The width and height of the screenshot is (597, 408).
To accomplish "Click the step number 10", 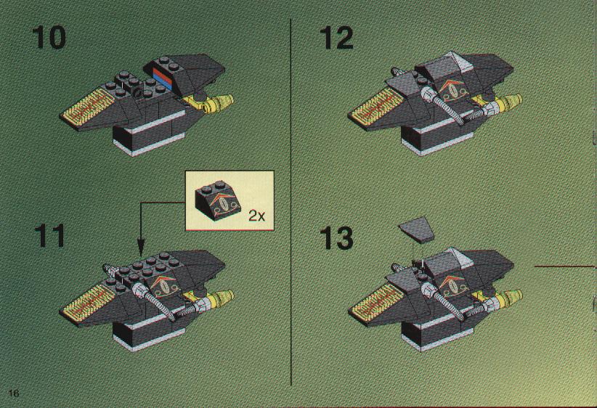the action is pyautogui.click(x=49, y=38).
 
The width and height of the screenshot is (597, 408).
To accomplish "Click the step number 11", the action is pyautogui.click(x=50, y=236).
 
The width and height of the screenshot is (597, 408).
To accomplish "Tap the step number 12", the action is pyautogui.click(x=336, y=38).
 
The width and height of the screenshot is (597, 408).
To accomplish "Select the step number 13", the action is pyautogui.click(x=336, y=238).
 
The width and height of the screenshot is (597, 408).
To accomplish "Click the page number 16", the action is pyautogui.click(x=14, y=393).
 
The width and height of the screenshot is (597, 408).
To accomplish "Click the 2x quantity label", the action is pyautogui.click(x=256, y=216).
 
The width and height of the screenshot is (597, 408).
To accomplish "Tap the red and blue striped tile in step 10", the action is pyautogui.click(x=163, y=78).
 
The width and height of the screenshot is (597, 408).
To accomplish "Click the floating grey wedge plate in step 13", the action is pyautogui.click(x=417, y=229).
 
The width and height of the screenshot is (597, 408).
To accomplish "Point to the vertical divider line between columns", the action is pyautogui.click(x=291, y=202).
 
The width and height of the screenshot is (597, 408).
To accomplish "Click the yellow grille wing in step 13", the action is pyautogui.click(x=375, y=303).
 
